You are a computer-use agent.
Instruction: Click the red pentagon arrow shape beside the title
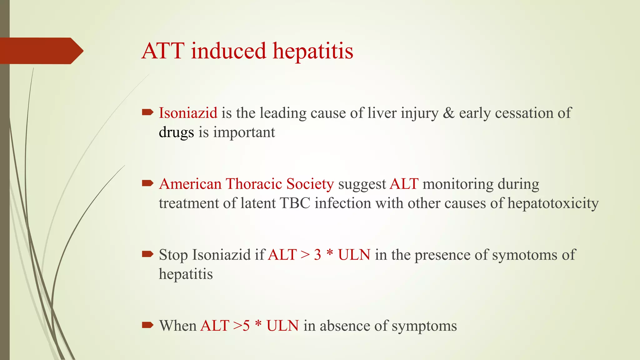click(x=41, y=51)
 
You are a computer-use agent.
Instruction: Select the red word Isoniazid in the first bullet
click(x=188, y=113)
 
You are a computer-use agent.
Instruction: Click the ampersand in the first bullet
click(x=449, y=113)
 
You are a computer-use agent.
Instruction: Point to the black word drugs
click(x=176, y=132)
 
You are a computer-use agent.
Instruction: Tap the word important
click(x=244, y=132)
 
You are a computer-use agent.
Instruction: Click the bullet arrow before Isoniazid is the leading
click(x=147, y=112)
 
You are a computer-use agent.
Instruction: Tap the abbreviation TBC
click(x=295, y=203)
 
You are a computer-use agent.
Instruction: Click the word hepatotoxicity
click(x=553, y=203)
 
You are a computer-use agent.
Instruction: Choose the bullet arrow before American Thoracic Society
click(x=147, y=183)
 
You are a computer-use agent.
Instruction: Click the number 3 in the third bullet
click(x=317, y=255)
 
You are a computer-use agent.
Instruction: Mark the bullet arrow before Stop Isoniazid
click(x=147, y=254)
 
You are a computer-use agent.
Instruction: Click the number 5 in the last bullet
click(x=246, y=326)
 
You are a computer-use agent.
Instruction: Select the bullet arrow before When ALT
click(x=147, y=325)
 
